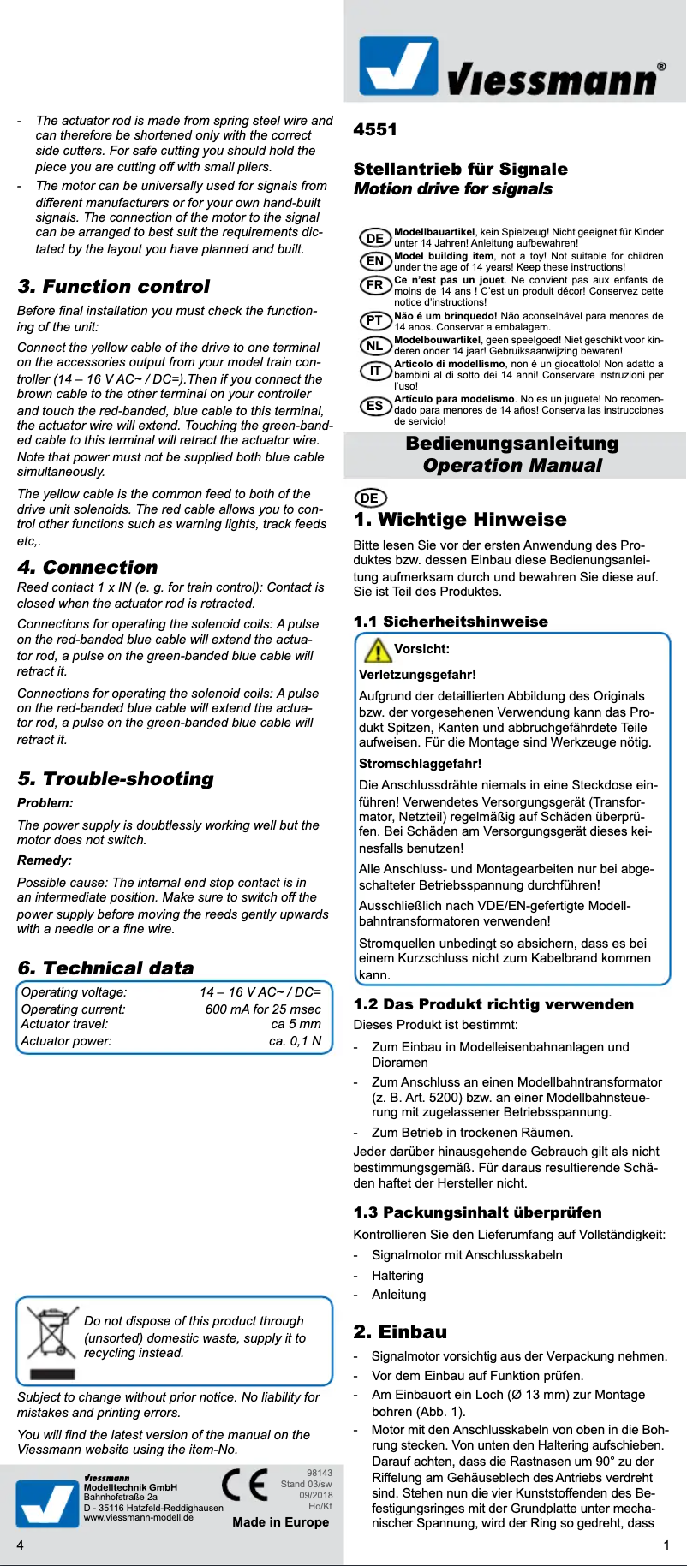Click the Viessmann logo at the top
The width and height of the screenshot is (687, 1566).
[511, 66]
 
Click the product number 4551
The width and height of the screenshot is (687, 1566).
[375, 129]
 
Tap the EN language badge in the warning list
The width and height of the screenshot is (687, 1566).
[375, 261]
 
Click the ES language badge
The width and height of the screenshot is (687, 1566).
[375, 406]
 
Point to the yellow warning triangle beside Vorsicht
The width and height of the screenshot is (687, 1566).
[377, 650]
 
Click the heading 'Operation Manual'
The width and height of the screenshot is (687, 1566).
[512, 466]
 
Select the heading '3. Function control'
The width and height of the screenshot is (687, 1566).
[113, 286]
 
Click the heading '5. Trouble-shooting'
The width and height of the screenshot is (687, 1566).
[115, 778]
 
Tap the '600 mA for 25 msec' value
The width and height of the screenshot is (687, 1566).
[263, 1009]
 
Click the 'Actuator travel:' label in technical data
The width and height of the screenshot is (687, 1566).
[64, 1024]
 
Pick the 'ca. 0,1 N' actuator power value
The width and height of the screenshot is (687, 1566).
[295, 1041]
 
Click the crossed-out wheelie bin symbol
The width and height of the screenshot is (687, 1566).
[52, 1342]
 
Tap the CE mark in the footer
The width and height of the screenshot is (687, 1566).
[244, 1485]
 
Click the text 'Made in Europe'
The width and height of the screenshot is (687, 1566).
[280, 1521]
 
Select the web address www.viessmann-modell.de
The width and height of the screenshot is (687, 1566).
[138, 1517]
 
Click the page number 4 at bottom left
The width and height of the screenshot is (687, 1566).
[21, 1545]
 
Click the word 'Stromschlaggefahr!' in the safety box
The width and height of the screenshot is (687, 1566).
[420, 763]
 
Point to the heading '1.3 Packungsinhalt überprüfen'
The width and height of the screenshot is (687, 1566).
[477, 1212]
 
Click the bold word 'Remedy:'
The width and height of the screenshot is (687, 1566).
[45, 860]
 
